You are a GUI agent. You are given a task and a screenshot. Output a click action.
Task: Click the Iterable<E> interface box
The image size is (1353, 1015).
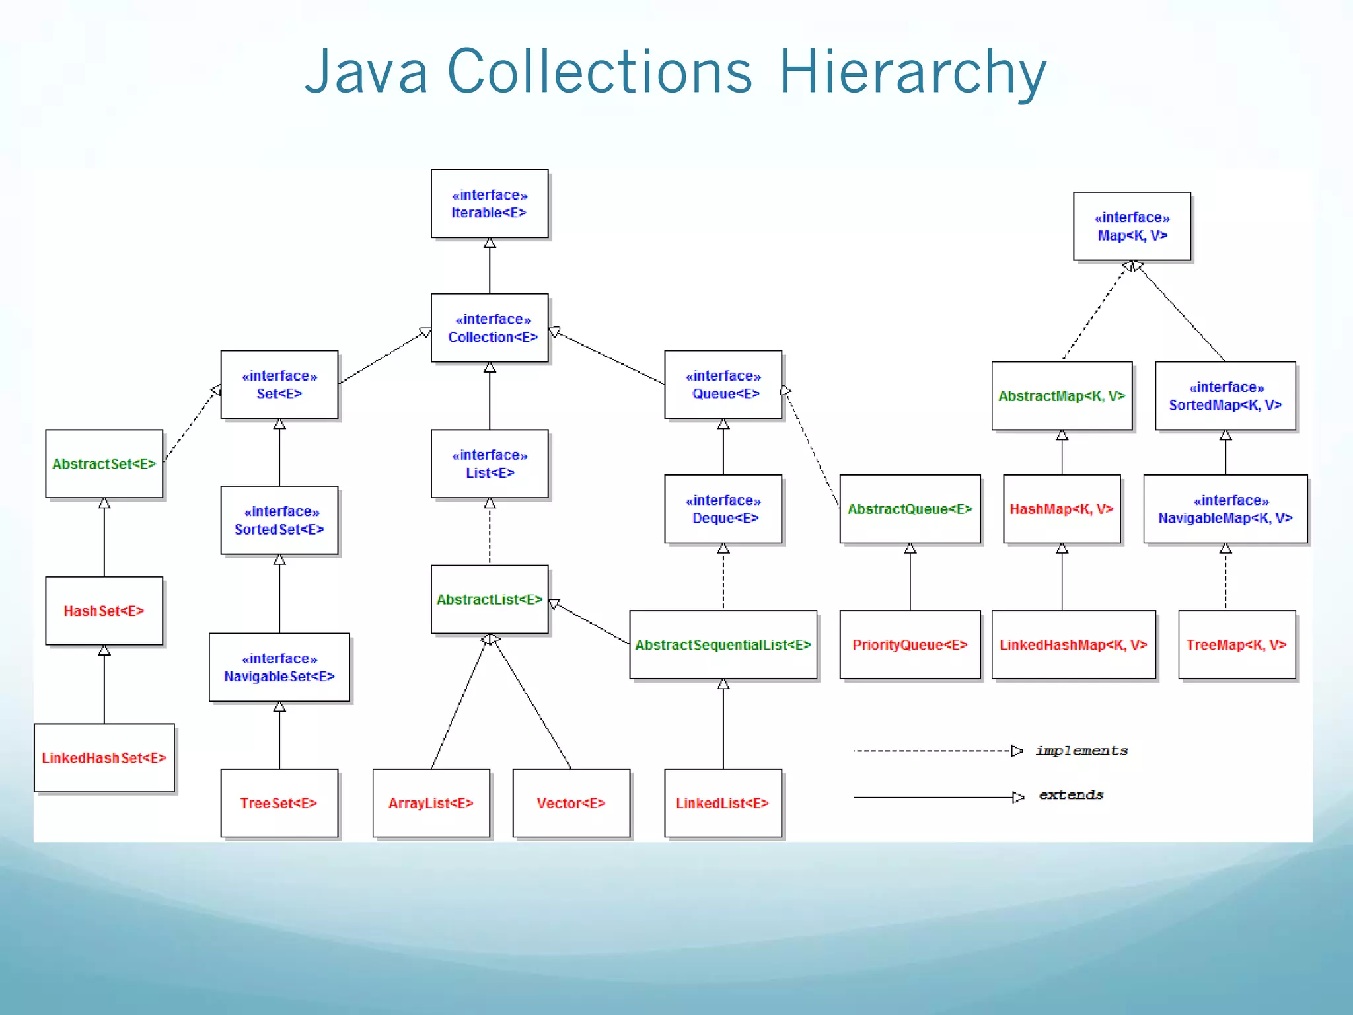click(489, 204)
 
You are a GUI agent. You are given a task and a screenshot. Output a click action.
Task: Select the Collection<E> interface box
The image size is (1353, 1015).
click(489, 328)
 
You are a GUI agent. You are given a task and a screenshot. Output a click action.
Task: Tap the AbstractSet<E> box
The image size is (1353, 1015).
click(104, 463)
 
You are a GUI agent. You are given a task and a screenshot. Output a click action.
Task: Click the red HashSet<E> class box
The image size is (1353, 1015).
click(104, 611)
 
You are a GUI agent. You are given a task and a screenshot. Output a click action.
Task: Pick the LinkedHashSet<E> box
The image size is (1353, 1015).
click(104, 757)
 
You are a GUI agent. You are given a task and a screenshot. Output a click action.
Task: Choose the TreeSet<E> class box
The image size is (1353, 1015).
click(279, 802)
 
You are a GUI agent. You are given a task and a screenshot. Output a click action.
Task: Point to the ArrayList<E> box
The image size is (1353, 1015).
click(431, 802)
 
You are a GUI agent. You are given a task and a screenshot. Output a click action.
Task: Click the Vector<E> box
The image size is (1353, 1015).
click(571, 802)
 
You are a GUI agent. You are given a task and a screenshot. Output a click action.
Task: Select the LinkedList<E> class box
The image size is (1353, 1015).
click(723, 802)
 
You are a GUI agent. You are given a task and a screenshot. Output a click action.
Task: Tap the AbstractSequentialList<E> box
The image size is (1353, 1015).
click(723, 644)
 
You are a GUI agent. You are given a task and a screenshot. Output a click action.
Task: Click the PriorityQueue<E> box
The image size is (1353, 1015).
click(910, 644)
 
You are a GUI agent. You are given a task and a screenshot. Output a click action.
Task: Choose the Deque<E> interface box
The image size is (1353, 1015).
click(723, 509)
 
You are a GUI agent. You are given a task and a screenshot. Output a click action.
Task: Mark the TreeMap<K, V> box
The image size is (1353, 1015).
click(1237, 644)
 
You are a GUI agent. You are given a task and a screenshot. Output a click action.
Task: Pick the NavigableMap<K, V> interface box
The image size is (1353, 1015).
click(1225, 509)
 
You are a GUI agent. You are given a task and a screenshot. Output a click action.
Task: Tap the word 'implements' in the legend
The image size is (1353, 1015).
click(1081, 751)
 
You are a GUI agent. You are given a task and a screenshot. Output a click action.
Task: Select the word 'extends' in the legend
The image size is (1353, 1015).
click(1071, 795)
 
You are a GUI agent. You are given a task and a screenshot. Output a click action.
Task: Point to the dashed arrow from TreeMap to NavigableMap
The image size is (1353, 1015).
click(1225, 577)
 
